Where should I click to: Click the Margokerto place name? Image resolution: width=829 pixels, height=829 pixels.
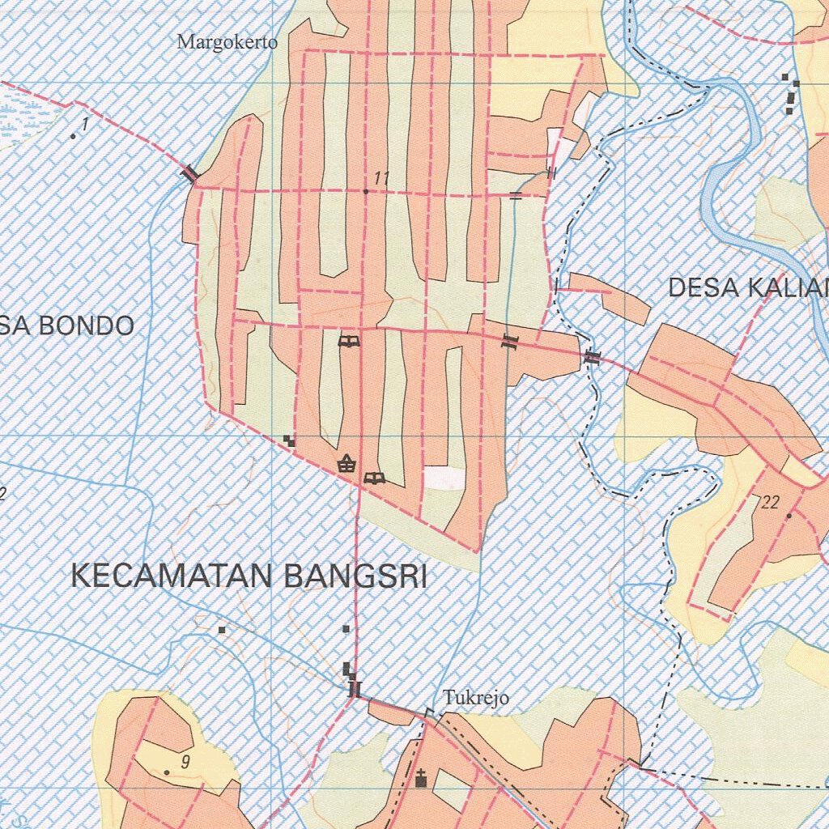(x=227, y=42)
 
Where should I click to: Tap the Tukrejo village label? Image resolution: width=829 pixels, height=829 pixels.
(x=475, y=697)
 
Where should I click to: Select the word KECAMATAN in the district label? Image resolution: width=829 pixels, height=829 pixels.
(x=174, y=576)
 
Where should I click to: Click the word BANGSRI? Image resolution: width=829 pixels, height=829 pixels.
(x=355, y=576)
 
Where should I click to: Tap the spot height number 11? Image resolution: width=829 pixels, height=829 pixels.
(x=382, y=178)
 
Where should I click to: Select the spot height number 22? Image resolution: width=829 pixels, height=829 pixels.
(x=771, y=503)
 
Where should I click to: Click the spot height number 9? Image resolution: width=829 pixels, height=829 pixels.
(x=185, y=761)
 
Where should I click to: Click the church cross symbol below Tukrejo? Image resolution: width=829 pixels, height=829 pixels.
(x=420, y=780)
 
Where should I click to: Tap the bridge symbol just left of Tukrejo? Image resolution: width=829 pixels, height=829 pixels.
(x=353, y=689)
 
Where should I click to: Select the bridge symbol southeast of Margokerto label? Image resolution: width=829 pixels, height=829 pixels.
(x=190, y=173)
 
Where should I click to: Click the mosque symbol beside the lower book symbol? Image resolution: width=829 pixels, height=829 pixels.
(x=346, y=463)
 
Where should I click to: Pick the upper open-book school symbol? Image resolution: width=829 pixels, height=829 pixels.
(x=349, y=342)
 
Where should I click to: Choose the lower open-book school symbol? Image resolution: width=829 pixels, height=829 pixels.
(x=373, y=478)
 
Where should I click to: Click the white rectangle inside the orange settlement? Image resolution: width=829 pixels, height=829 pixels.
(x=445, y=478)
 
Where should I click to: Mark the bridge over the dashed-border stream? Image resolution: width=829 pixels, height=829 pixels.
(x=593, y=356)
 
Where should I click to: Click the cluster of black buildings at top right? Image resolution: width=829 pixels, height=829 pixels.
(x=790, y=93)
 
